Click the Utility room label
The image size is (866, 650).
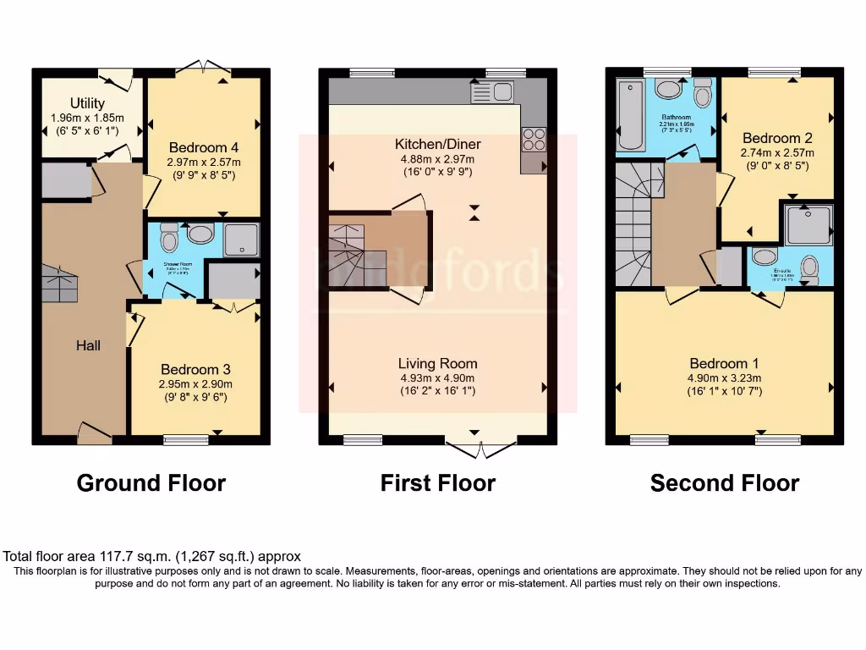pos(87,103)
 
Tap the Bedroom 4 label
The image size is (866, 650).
pos(204,146)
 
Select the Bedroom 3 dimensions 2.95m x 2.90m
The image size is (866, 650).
pos(195,384)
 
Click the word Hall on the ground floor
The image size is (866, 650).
pos(88,345)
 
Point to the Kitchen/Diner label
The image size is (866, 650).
pos(436,144)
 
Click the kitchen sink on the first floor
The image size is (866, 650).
pos(492,91)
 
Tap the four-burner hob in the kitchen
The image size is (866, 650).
pos(534,138)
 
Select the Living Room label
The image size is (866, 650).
pos(437,363)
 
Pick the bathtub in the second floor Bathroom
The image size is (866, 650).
pos(630,116)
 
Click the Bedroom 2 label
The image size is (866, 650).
pos(777,138)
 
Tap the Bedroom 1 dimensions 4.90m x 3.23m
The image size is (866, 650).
pos(724,378)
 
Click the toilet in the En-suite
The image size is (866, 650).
pos(809,269)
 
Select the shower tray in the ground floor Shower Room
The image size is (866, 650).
pos(242,240)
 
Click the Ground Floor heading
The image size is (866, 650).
pos(151,483)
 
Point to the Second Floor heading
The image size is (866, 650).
pos(724,483)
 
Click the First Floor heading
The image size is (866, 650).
pos(437,483)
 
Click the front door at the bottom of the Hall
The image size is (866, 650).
pos(94,432)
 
